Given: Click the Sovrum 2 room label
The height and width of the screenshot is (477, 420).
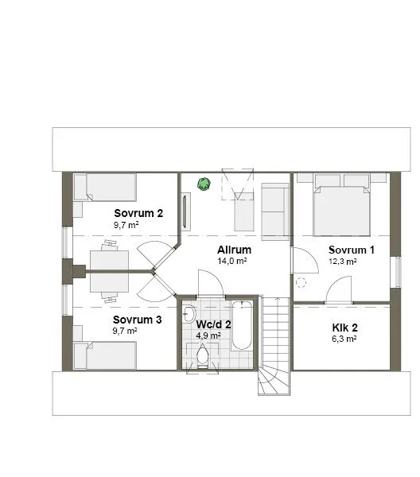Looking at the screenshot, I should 138,213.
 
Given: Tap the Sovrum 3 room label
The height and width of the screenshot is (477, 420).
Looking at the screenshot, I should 138,320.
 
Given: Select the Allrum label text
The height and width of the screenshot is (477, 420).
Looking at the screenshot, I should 234,250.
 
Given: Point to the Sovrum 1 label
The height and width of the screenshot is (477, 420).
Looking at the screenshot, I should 352,250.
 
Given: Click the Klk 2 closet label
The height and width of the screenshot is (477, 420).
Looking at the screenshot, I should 344,327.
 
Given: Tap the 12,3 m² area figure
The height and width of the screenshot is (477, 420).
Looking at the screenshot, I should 343,261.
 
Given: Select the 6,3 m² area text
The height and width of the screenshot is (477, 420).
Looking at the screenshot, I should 344,339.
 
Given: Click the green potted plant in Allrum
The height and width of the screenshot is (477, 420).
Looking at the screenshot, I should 204,184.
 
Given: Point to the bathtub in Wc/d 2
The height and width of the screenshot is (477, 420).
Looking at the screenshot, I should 242,325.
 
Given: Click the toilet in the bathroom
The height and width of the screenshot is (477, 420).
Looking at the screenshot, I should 202,355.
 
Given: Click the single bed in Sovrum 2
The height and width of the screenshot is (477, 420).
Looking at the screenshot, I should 105,188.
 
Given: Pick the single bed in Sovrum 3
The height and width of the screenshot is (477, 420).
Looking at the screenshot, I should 106,355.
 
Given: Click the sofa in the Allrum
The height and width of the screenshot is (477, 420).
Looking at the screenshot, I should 275,211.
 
